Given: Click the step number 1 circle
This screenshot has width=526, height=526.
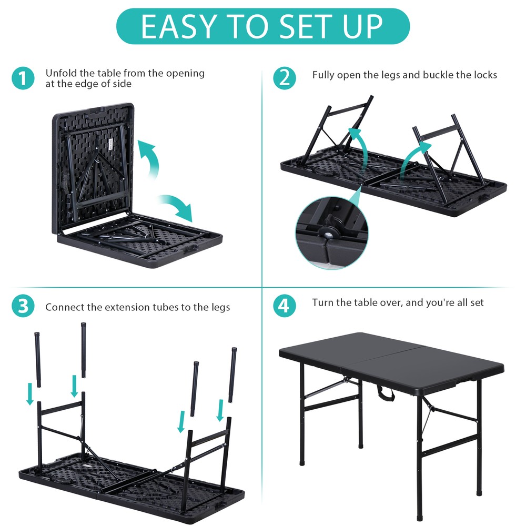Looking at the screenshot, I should (x=23, y=78).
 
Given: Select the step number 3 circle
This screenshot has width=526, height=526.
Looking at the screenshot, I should (x=23, y=307).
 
